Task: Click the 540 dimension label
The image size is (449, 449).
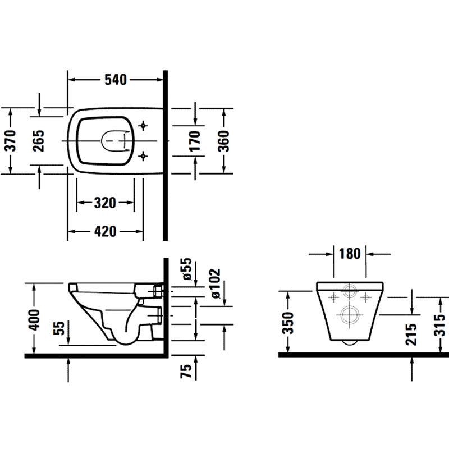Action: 116,80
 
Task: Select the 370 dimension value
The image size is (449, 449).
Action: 11,141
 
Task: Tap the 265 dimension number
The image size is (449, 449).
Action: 38,141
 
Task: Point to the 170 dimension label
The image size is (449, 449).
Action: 195,141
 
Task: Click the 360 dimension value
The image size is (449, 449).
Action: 223,141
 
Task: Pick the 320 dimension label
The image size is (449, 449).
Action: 105,203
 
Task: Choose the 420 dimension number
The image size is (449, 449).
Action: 105,231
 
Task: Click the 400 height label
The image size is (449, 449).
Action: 34,320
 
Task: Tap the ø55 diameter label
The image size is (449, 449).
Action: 186,269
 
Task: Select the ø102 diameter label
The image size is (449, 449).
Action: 215,283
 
